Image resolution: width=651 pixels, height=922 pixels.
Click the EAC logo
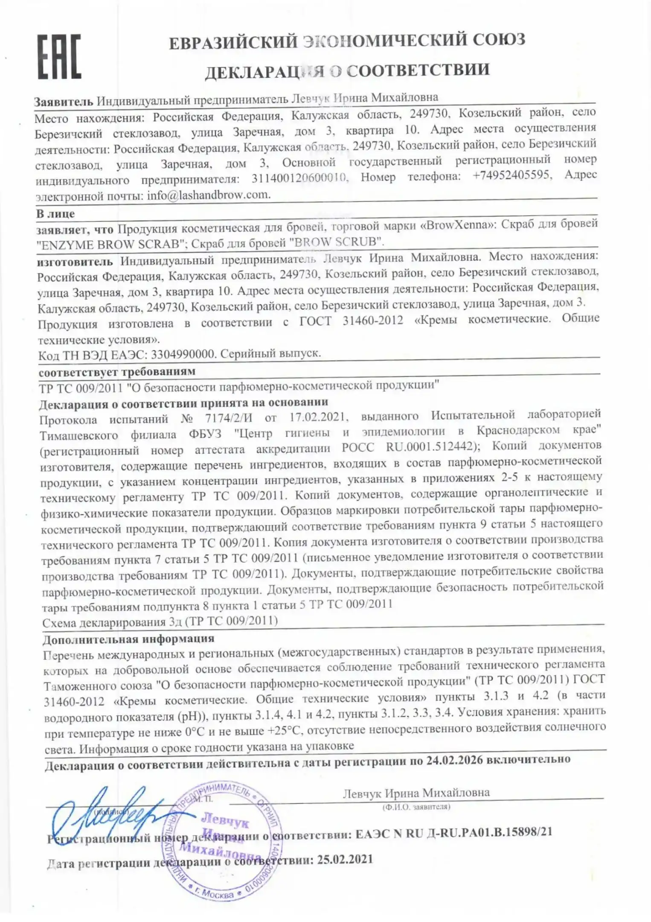[x=59, y=57]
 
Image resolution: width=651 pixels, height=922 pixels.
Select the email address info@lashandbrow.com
[x=209, y=195]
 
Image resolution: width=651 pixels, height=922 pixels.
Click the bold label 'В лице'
[x=55, y=213]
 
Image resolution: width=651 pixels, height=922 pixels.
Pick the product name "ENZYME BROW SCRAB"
[x=111, y=245]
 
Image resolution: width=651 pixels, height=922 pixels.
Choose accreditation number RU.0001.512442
[x=430, y=447]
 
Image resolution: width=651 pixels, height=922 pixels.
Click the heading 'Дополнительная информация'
[x=128, y=639]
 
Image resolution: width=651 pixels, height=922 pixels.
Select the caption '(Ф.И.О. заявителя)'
[x=416, y=807]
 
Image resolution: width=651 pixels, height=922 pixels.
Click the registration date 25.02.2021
[x=345, y=859]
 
